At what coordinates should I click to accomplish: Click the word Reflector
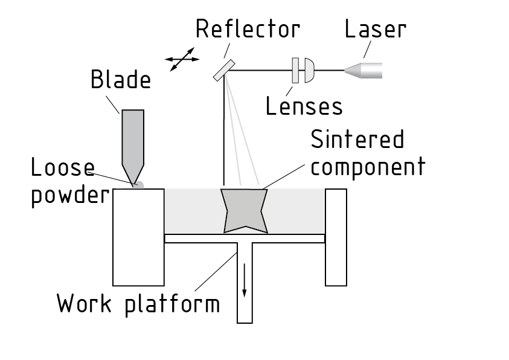pos(248,28)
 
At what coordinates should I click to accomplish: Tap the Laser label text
pos(375,28)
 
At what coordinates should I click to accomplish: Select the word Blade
pos(121,79)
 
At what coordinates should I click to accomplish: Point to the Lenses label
pos(304,106)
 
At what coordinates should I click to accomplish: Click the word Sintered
pos(357,140)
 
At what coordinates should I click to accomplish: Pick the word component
pos(368,166)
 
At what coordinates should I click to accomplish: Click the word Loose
pos(63,169)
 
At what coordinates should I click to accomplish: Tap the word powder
pos(69,196)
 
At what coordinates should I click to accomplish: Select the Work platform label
pos(138,303)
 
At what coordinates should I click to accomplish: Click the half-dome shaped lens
pos(309,70)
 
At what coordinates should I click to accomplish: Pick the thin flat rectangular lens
pos(295,70)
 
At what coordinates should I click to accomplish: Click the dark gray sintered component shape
pos(245,210)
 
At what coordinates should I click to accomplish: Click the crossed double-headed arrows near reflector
pos(182,59)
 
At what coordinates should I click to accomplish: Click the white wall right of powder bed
pos(336,237)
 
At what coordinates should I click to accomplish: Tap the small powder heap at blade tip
pos(138,185)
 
